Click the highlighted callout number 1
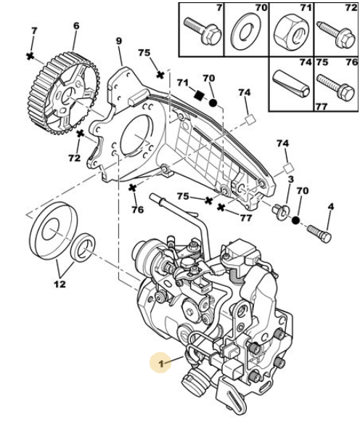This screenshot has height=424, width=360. click(x=161, y=364)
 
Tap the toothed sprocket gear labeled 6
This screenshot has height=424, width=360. click(x=64, y=94)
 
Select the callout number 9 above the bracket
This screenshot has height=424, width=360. click(x=119, y=41)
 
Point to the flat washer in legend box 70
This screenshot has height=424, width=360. click(x=246, y=31)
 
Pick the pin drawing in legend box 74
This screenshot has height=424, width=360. click(x=291, y=84)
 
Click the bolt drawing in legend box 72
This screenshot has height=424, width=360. click(x=337, y=35)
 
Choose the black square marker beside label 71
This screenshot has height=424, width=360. click(x=200, y=95)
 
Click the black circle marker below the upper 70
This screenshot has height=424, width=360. click(x=213, y=103)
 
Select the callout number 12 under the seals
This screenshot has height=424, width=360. click(x=60, y=284)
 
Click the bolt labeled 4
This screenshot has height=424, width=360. click(x=319, y=234)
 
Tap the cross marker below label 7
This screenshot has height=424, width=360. click(x=30, y=56)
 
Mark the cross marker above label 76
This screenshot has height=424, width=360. click(x=132, y=187)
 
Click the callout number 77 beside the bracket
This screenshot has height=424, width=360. click(x=245, y=218)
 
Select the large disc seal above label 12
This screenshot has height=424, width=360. click(x=53, y=231)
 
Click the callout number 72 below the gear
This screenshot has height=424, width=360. click(x=74, y=158)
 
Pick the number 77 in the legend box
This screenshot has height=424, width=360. click(x=322, y=107)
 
